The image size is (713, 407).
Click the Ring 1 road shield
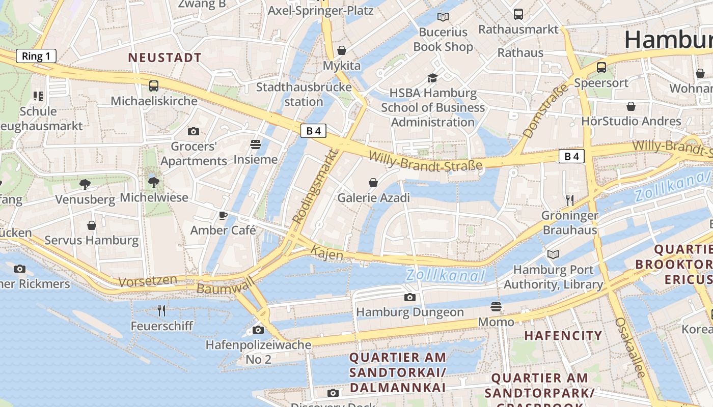pos(36,56)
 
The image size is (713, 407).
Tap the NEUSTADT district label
pos(165,58)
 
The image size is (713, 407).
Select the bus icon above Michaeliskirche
pos(154,86)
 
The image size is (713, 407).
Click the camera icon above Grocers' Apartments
pos(193,132)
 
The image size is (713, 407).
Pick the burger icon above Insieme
pos(256,144)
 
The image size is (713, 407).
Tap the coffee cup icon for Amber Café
pos(223,215)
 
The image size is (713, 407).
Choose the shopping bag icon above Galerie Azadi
pos(373,183)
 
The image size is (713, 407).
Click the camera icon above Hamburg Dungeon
pos(409,297)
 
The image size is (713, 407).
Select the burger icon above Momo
pos(496,307)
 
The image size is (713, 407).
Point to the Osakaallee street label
pos(630,347)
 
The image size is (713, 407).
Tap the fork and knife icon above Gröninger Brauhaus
pos(569,200)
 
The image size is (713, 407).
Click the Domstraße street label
pos(545,111)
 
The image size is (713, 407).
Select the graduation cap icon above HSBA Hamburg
pos(432,78)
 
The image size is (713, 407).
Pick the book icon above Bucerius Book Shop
pos(443,17)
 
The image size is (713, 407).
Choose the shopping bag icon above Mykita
pos(342,50)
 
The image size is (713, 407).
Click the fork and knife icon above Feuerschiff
pos(161,310)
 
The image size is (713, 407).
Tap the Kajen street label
pos(326,253)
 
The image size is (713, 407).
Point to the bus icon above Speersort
pos(601,67)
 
